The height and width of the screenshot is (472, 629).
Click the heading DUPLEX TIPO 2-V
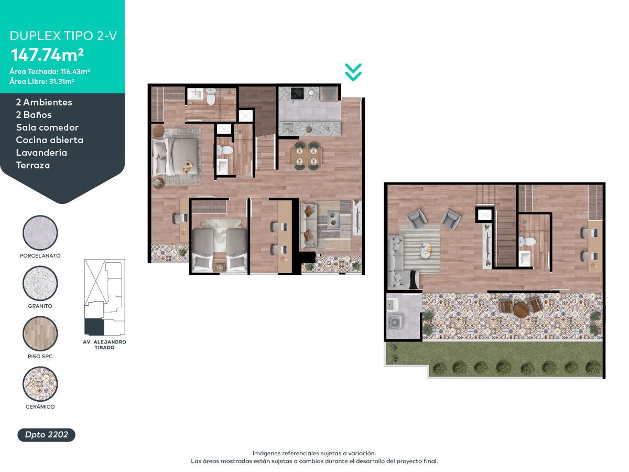coord(63,36)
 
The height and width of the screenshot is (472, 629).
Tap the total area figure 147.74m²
coord(47,55)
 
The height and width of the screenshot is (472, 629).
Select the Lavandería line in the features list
coord(41,153)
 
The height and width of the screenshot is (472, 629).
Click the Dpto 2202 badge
coord(47,435)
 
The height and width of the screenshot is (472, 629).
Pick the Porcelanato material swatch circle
coord(40,233)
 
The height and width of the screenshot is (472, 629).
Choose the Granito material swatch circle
coord(40,283)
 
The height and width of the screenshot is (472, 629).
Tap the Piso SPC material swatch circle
coord(40,334)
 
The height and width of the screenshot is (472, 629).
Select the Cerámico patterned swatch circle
coord(40,384)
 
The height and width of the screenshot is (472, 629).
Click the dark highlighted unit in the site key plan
coord(94,327)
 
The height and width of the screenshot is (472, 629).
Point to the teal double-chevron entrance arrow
coord(353,72)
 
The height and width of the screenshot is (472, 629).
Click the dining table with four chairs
coord(306,156)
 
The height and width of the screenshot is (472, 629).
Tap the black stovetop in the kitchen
coord(297,93)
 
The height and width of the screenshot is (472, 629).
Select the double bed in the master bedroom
coord(175,156)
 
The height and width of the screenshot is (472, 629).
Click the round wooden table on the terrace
coord(521,310)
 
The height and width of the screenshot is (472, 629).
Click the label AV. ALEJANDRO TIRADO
coord(105,345)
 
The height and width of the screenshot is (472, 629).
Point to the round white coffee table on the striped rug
coord(426,250)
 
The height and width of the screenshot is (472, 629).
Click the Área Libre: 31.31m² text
coord(42,81)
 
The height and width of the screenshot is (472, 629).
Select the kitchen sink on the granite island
coord(287,127)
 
